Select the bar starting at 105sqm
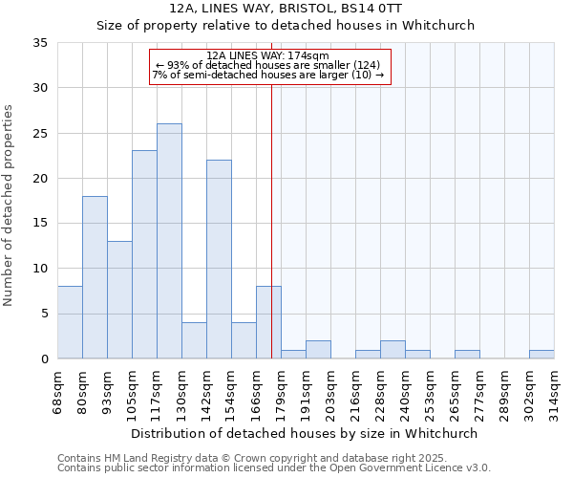click(x=144, y=254)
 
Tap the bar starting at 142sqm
click(x=219, y=259)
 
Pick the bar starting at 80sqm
click(x=95, y=277)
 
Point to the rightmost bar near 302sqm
click(x=541, y=355)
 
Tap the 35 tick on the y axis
click(x=40, y=43)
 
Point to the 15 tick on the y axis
click(x=40, y=224)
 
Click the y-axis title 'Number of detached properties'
click(x=10, y=206)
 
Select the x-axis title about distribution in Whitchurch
click(x=304, y=433)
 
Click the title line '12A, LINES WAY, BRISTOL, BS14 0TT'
click(x=286, y=9)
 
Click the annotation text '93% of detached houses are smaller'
click(x=268, y=65)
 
